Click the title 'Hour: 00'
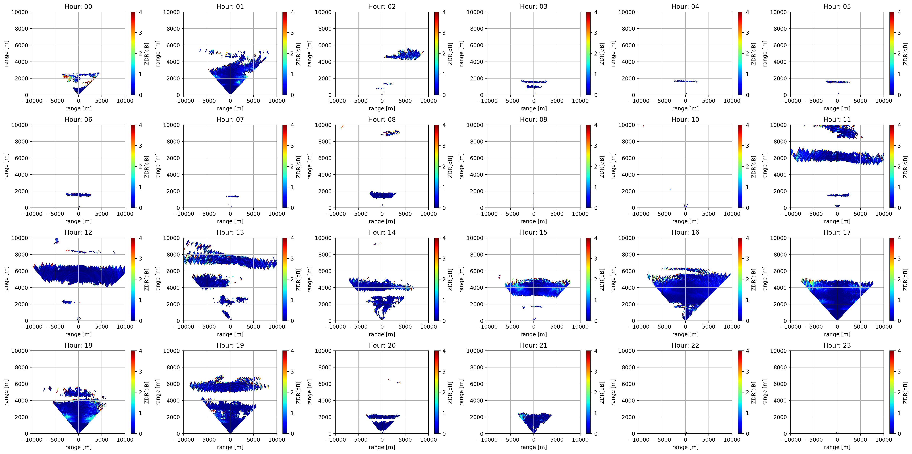(x=78, y=6)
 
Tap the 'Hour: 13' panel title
(x=230, y=232)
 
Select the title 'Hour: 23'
(x=837, y=345)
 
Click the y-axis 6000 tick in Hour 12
(x=21, y=271)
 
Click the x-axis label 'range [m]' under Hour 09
(x=533, y=221)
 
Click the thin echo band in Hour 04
(x=685, y=81)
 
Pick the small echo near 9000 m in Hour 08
(x=391, y=133)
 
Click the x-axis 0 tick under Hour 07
(x=230, y=214)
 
